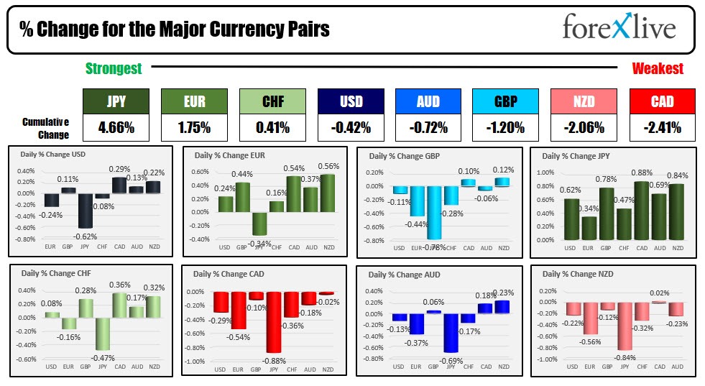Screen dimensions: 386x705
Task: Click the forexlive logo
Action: tap(619, 28)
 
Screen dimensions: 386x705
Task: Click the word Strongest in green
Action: tap(114, 68)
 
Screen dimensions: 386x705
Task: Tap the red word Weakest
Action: tap(658, 68)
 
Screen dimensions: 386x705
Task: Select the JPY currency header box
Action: tap(117, 101)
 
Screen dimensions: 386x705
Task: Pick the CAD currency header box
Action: tap(662, 101)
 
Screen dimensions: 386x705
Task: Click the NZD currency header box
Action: tap(584, 101)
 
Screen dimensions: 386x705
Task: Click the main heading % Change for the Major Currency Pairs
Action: tap(175, 29)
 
